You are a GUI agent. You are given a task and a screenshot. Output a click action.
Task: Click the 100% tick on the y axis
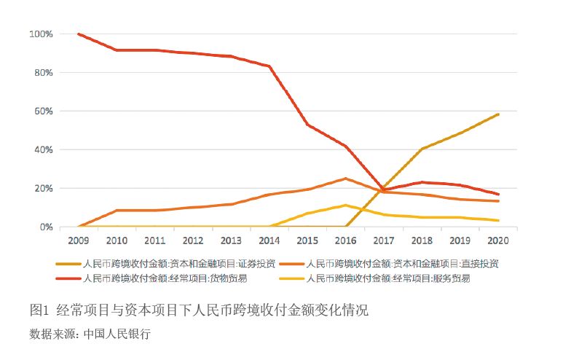click(39, 34)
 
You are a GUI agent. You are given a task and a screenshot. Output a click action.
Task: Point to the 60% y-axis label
click(42, 111)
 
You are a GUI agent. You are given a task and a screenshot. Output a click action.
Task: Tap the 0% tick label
click(44, 227)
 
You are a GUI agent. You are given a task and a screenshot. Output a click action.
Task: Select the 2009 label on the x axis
click(78, 240)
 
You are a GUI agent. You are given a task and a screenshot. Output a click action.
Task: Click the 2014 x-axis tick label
click(269, 240)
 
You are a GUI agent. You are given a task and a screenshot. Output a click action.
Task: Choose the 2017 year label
click(384, 240)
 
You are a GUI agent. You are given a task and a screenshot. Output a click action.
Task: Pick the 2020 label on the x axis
click(498, 240)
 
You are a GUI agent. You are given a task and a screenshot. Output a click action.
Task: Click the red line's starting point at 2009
click(78, 34)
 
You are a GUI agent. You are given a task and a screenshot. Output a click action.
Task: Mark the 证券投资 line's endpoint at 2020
click(498, 114)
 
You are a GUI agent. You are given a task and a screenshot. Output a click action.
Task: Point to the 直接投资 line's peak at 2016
click(345, 179)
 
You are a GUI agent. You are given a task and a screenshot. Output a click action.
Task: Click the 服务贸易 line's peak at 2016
click(345, 206)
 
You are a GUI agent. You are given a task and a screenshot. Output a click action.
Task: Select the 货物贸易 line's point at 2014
click(269, 66)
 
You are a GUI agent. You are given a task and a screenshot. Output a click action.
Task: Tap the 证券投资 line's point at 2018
click(422, 149)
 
